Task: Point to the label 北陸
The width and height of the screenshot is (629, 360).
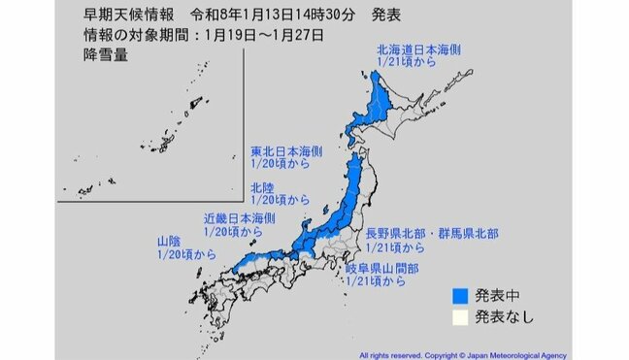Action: [x=261, y=185]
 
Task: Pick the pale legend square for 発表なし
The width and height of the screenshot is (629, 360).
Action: [x=462, y=316]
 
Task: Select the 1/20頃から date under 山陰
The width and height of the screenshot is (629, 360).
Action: [x=182, y=253]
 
